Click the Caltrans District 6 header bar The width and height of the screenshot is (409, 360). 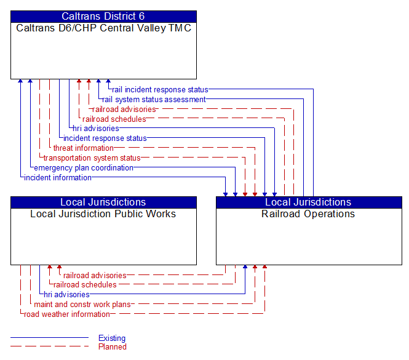point(103,17)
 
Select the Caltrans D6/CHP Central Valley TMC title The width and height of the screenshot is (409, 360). point(103,28)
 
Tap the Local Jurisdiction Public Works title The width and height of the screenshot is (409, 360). point(103,214)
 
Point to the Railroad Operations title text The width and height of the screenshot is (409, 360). point(308,214)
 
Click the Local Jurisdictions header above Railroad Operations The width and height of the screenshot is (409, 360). point(308,202)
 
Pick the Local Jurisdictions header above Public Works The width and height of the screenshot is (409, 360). point(103,202)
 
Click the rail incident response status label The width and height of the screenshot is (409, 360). point(160,90)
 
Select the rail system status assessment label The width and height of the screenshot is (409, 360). point(154,100)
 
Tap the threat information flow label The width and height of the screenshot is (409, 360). point(84,148)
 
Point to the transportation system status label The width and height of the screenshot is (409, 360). point(92,158)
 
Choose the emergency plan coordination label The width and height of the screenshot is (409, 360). point(84,168)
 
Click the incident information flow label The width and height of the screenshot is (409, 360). point(58,178)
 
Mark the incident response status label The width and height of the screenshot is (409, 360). point(105,138)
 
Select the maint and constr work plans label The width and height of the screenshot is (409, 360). point(82,305)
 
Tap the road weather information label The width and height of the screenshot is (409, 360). point(67,314)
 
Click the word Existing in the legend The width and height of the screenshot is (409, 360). point(112,338)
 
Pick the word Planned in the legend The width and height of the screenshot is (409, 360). point(113,347)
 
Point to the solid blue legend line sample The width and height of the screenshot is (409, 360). point(49,338)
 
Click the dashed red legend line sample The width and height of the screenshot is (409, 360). point(49,347)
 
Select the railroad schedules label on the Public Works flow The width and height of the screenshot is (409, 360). point(85,285)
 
